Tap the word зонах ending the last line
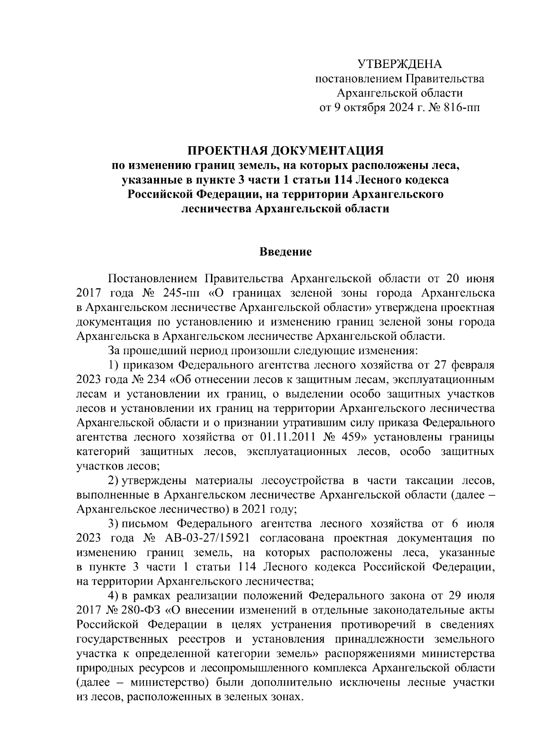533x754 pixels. point(287,696)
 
